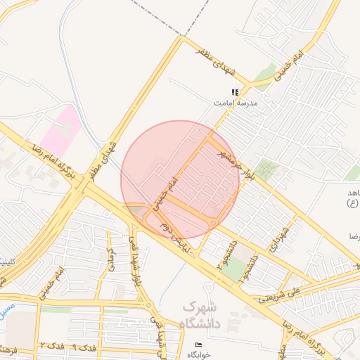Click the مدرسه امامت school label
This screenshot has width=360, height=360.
[x=236, y=103]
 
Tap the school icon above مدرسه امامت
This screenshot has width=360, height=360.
[x=236, y=92]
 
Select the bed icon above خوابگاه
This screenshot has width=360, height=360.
[x=198, y=344]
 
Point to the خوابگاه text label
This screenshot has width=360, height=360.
[x=198, y=354]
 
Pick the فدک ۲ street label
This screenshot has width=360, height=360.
[x=51, y=346]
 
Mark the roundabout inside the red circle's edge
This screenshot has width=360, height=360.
[x=212, y=224]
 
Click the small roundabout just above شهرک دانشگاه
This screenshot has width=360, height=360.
[x=208, y=287]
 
